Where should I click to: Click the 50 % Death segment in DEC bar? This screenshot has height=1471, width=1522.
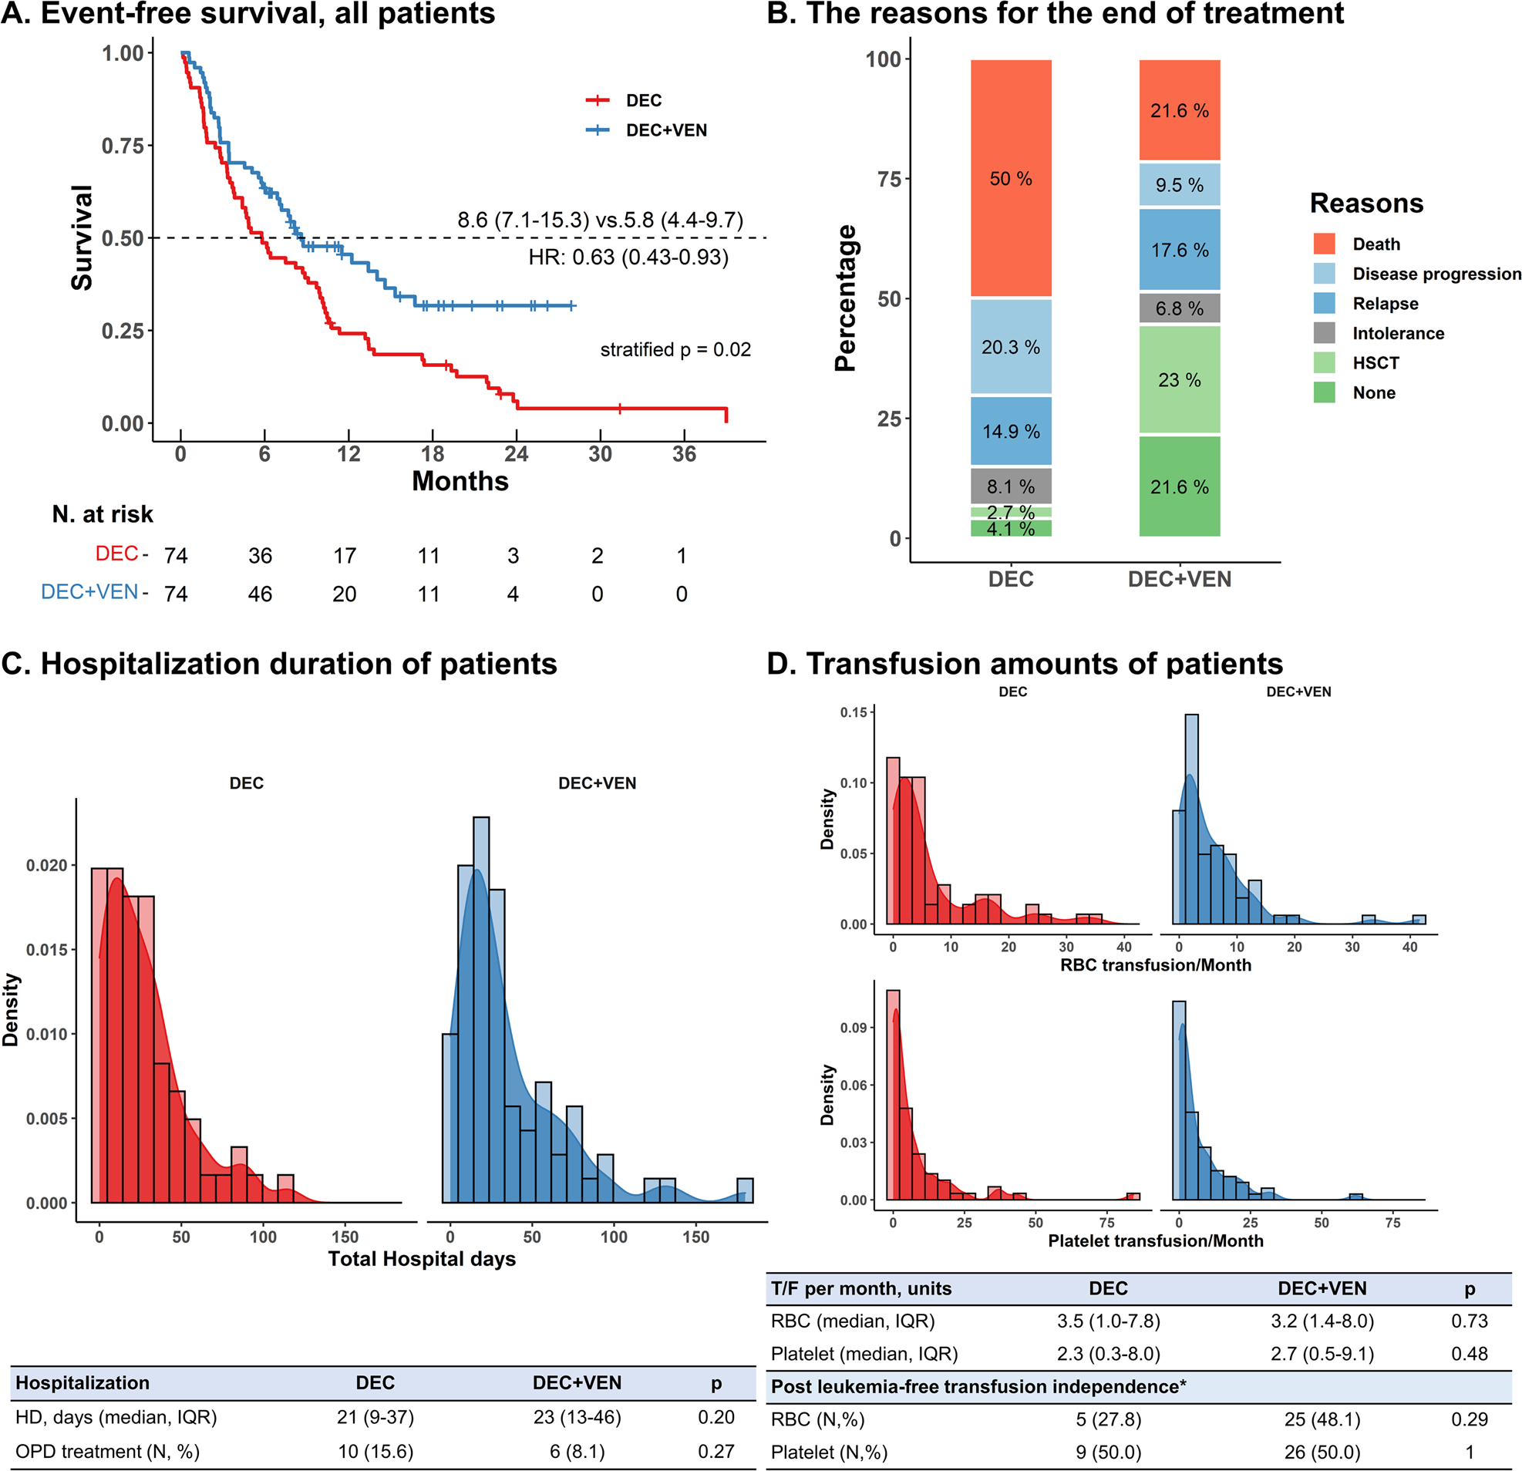1010,179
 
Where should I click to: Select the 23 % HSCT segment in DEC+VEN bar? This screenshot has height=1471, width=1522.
1179,380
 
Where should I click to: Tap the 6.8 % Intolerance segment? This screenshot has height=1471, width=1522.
1179,308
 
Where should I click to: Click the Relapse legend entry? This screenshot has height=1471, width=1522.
1385,304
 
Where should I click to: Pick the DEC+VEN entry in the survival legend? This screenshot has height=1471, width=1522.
665,130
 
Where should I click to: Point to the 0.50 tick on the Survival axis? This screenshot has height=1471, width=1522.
123,238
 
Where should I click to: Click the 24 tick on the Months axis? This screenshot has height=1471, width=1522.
516,454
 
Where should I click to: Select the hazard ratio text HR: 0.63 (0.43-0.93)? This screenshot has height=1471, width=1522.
628,257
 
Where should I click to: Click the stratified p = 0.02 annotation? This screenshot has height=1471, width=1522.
675,349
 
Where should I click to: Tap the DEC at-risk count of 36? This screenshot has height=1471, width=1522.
260,555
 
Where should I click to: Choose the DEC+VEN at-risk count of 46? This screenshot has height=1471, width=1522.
260,594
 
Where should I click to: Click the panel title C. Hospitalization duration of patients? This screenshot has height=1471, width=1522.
280,664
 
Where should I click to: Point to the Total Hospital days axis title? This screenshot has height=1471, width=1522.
422,1259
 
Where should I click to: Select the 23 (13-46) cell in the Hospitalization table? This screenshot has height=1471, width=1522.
577,1417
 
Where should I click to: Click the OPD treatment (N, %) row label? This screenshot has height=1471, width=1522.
107,1452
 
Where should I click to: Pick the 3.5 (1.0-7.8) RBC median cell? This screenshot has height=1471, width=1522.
1108,1321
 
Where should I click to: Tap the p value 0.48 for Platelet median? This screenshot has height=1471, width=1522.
1470,1354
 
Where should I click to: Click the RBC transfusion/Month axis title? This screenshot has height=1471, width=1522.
1156,964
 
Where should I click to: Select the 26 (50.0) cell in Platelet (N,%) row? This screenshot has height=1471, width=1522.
1322,1452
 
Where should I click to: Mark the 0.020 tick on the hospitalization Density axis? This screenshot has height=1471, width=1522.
46,865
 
